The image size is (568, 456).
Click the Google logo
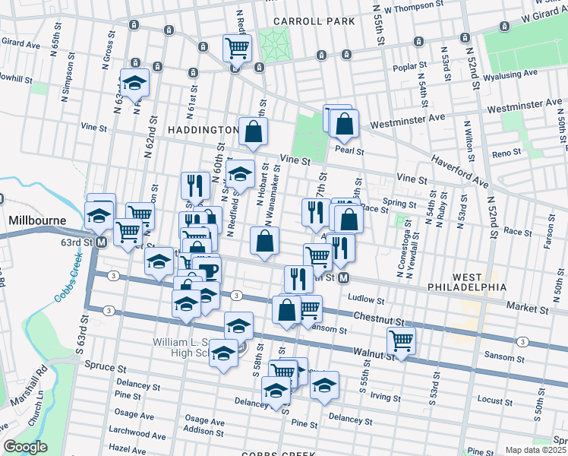[25, 447]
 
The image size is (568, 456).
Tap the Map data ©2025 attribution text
[535, 450]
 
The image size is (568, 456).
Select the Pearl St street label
[350, 151]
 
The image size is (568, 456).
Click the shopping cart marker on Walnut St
[401, 341]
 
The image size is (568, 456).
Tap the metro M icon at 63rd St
[100, 242]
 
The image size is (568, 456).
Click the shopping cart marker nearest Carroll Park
[237, 49]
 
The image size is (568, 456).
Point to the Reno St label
[505, 153]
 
